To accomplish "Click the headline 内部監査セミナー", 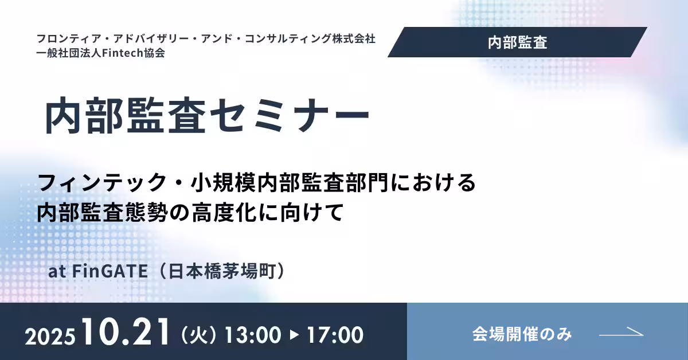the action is [208, 115].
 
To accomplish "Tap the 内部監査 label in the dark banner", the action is [518, 42].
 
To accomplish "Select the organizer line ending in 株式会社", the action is [206, 39].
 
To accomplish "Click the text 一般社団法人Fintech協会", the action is [101, 53].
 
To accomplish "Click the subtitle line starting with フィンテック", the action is [256, 182].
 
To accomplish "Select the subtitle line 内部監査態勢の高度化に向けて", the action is [190, 212].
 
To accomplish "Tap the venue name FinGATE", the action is [110, 271].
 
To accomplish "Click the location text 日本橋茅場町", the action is [222, 271].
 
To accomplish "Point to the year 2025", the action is [50, 336].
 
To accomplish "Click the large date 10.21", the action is [126, 332].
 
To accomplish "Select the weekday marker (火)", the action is [200, 335].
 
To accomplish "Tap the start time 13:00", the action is [253, 335].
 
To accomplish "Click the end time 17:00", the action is [335, 335].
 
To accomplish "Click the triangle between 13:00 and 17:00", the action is [294, 335].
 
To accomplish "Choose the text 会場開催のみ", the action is [522, 334].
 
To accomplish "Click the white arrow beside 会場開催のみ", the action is [621, 332].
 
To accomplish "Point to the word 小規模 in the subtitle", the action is [223, 182].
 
